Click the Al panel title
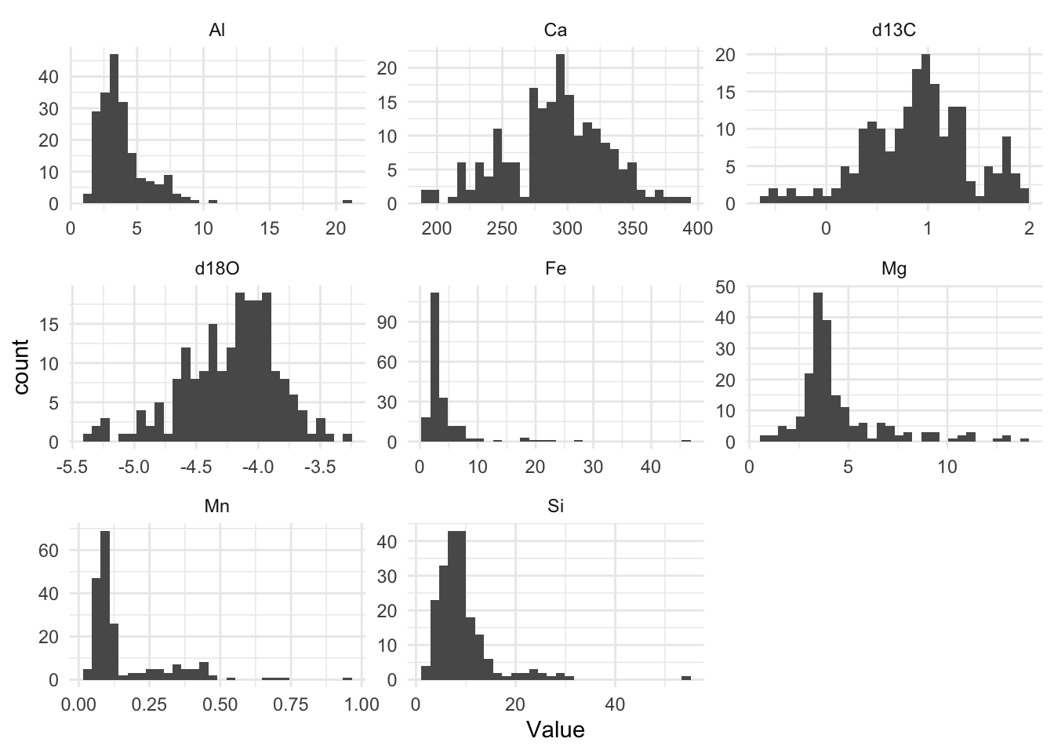tap(217, 31)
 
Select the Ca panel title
tap(555, 31)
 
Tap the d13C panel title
tap(893, 31)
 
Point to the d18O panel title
tap(217, 268)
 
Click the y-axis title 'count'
tap(22, 367)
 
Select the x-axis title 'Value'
tap(555, 730)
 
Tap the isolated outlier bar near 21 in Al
tap(347, 202)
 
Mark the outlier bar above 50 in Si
tap(686, 678)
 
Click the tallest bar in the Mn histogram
tap(105, 606)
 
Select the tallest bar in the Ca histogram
tap(560, 129)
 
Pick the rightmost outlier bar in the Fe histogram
tap(686, 441)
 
